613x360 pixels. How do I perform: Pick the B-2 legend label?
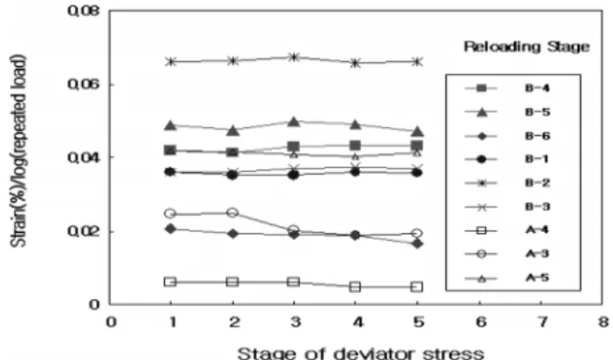click(537, 183)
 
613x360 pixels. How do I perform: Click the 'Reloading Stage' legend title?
click(527, 47)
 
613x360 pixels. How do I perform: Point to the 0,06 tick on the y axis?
click(84, 84)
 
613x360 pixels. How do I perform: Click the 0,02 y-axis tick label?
click(84, 231)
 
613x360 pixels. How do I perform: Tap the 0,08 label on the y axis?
click(84, 11)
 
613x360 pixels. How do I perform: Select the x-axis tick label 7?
click(542, 322)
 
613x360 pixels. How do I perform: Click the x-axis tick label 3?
click(295, 322)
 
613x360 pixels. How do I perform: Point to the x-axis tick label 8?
click(603, 322)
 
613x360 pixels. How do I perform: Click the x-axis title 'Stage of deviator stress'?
click(361, 353)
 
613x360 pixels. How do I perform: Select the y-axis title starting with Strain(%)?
click(19, 151)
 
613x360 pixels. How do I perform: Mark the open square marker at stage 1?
click(170, 281)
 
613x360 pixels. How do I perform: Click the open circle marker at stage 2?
click(233, 213)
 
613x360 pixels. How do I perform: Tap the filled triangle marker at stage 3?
click(294, 122)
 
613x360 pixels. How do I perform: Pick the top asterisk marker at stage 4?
click(355, 63)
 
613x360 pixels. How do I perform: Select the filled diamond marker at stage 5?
click(417, 244)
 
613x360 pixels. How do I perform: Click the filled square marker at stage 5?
click(417, 146)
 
